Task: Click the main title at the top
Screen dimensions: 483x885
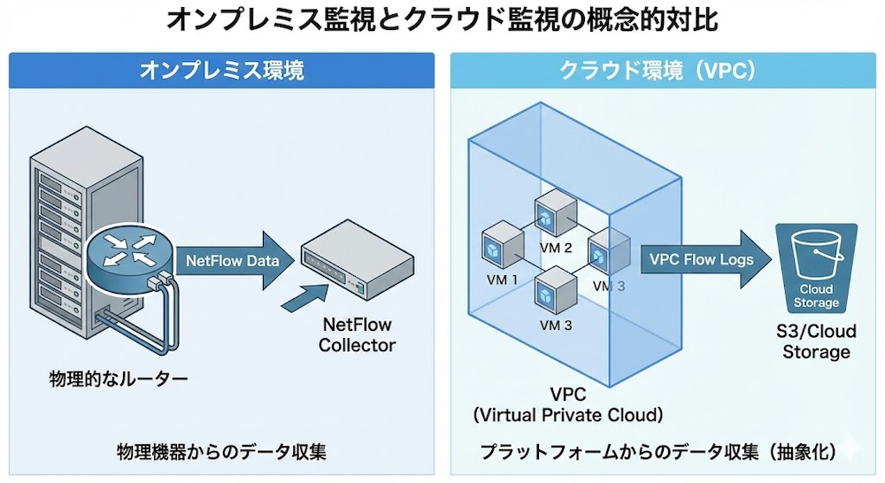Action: point(442,19)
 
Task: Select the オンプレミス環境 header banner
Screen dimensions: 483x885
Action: point(221,71)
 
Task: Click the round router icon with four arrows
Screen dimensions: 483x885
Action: point(125,253)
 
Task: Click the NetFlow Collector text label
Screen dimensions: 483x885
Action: point(358,334)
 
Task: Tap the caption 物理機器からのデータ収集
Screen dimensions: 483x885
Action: point(221,452)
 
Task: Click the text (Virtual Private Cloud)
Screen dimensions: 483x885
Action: point(567,413)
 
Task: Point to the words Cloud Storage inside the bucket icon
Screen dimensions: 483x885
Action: point(816,296)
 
